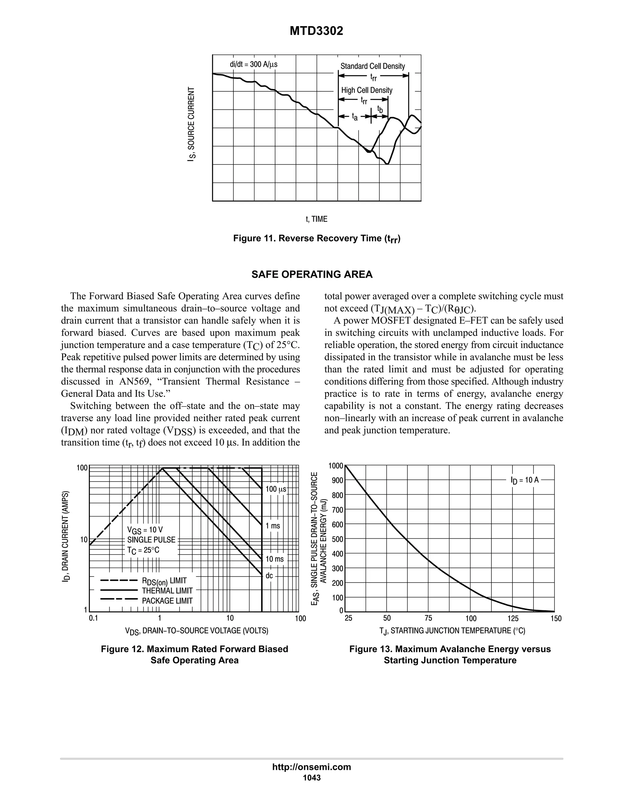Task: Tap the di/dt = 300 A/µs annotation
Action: coord(253,64)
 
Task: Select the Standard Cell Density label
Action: coord(373,66)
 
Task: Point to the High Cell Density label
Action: coord(367,90)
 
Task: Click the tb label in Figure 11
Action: coord(380,109)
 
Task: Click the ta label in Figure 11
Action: coord(355,117)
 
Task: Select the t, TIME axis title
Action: coord(317,219)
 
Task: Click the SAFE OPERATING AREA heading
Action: coord(312,275)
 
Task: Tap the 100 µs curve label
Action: coord(276,489)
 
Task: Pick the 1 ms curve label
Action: coord(273,525)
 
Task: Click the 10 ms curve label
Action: coord(275,559)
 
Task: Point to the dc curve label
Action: coord(269,576)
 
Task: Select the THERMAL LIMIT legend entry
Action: coord(167,591)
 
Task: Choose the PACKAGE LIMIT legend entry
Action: coord(167,601)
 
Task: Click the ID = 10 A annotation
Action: coord(525,480)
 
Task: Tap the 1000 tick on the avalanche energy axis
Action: coord(336,466)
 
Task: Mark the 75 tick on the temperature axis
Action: coord(428,618)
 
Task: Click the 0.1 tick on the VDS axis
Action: coord(93,618)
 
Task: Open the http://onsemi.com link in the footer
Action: coord(312,767)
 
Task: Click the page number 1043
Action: coord(312,778)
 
